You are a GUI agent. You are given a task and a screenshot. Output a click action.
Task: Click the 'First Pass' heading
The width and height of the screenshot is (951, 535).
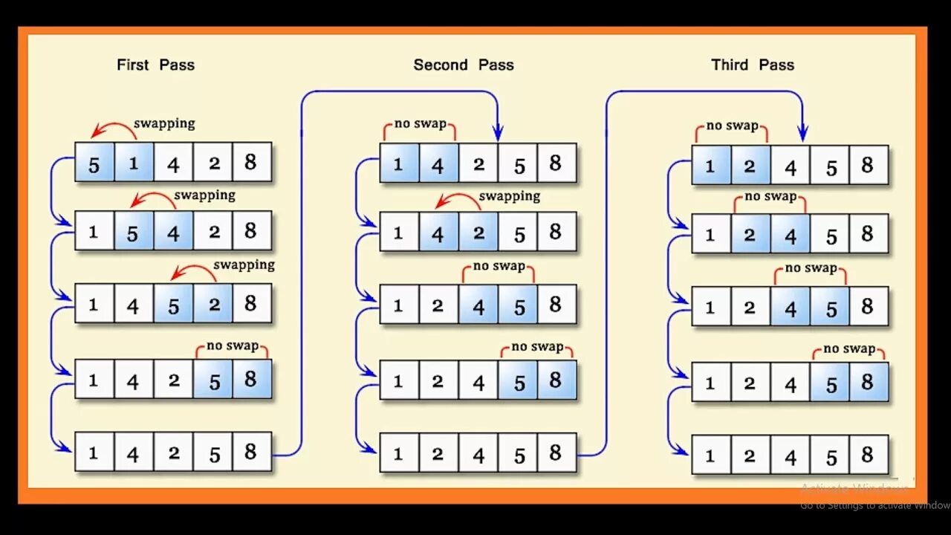(155, 65)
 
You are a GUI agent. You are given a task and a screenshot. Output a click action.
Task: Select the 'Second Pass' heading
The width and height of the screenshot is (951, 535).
(464, 65)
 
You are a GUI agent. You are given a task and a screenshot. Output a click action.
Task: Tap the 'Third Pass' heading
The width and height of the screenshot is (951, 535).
(752, 65)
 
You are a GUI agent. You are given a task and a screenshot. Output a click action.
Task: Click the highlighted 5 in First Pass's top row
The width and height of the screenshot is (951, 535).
(94, 163)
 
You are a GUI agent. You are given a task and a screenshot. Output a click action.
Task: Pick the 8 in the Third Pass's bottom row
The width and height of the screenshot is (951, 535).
(867, 454)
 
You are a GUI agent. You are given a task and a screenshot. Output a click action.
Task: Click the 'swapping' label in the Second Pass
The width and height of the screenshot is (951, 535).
(509, 196)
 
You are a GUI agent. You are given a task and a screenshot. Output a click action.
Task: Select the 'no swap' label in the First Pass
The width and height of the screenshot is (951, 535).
(233, 346)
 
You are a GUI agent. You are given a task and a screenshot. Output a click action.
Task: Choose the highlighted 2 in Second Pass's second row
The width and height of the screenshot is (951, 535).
(478, 233)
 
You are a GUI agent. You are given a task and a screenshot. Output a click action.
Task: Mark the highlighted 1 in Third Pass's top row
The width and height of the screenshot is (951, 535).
(710, 166)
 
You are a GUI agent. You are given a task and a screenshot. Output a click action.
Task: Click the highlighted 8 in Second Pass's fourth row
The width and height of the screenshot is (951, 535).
(555, 380)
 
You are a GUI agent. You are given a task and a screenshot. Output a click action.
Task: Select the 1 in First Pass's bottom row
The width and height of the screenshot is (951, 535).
(94, 452)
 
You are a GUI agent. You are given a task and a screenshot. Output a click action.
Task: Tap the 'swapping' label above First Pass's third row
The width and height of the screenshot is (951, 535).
(244, 265)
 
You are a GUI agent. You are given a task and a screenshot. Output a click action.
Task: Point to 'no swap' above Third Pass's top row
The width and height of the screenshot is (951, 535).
(732, 126)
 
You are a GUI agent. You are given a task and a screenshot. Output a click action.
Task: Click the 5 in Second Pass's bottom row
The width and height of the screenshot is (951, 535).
(519, 454)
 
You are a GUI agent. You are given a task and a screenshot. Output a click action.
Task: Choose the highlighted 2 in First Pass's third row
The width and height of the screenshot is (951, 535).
(214, 304)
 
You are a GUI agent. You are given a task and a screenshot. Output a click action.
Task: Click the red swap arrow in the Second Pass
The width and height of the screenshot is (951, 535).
(457, 200)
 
